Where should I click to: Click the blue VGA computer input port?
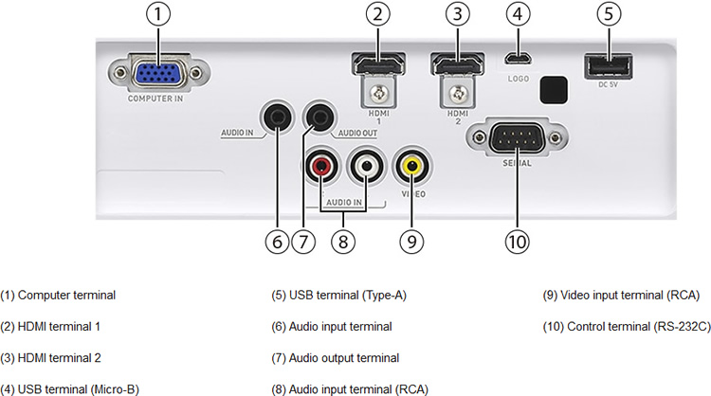click(x=157, y=74)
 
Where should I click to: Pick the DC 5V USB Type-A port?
click(x=607, y=68)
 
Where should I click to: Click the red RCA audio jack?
click(x=319, y=169)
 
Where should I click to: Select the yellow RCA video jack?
click(x=411, y=169)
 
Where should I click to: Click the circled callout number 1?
click(x=157, y=15)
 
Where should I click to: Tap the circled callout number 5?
click(x=607, y=15)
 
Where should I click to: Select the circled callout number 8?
click(x=343, y=241)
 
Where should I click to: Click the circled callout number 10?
click(x=516, y=241)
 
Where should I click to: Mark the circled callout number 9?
click(x=411, y=241)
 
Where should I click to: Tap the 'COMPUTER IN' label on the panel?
click(x=157, y=98)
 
